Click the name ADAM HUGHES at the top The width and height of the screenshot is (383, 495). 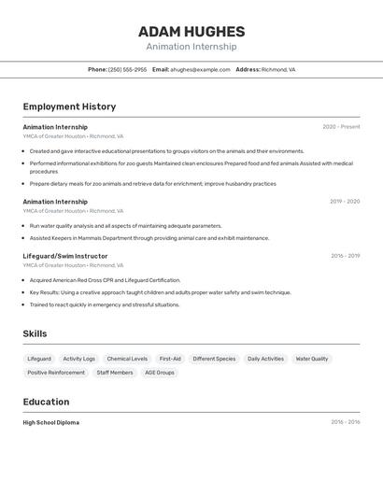tap(191, 32)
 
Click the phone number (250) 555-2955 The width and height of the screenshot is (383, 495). tap(127, 69)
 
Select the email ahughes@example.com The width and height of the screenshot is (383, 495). tap(200, 69)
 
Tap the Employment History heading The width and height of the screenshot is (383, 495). tap(69, 106)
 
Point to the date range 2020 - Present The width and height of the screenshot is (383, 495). tap(341, 127)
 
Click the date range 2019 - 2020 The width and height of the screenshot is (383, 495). tap(345, 201)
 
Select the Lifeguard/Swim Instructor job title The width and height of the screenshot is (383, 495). tap(65, 256)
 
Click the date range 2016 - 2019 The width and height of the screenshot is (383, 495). tap(345, 256)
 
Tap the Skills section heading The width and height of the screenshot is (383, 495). tap(35, 333)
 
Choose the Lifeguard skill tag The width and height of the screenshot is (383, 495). tap(39, 359)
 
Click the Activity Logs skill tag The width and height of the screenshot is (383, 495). tap(78, 359)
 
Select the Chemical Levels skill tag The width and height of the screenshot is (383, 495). tap(127, 359)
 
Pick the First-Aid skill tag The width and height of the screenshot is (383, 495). tap(170, 359)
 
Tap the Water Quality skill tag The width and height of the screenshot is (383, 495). tap(312, 359)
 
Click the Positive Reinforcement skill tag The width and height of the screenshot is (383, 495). tap(56, 373)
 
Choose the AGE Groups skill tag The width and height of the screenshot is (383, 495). tap(160, 373)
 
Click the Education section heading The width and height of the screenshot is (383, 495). tap(46, 402)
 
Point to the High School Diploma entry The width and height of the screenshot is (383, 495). tap(51, 422)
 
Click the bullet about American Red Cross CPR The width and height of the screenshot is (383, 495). tap(105, 280)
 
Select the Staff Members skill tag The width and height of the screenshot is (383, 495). tap(115, 373)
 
